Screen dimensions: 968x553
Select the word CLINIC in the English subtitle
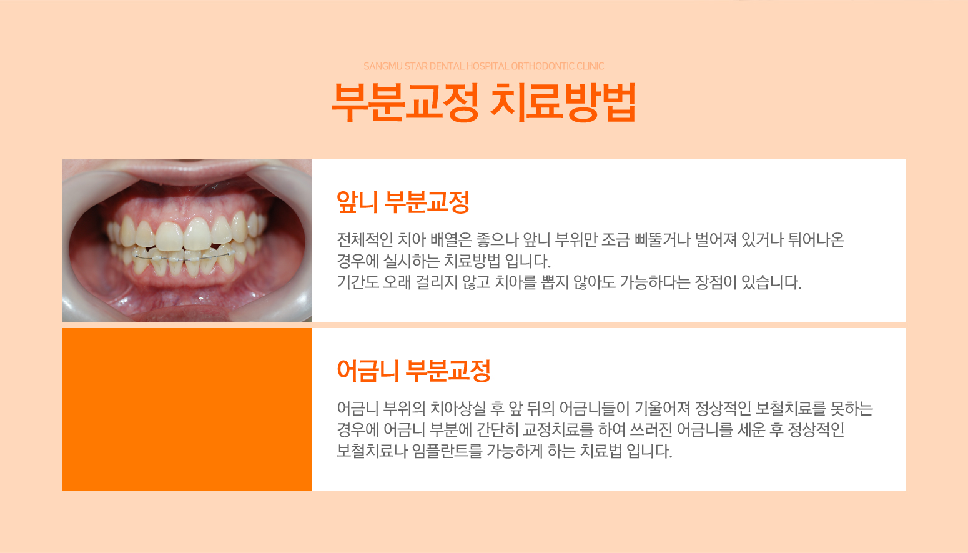[x=590, y=66]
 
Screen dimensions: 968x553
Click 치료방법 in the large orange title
[x=563, y=102]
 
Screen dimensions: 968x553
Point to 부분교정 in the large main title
[x=405, y=102]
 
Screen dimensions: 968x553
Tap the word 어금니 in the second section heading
[x=367, y=371]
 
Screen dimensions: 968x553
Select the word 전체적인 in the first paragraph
[x=365, y=239]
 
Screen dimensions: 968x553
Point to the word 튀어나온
[x=816, y=239]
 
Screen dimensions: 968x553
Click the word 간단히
[x=497, y=430]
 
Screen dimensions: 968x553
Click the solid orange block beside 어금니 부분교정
[x=187, y=409]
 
